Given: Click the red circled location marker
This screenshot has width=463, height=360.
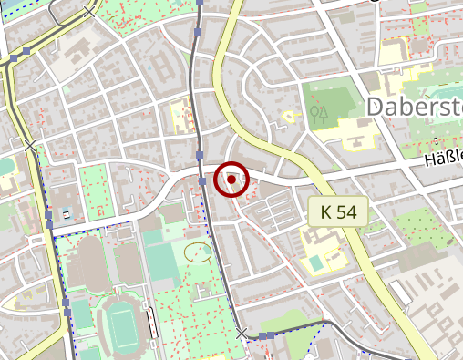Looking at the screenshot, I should (x=231, y=180).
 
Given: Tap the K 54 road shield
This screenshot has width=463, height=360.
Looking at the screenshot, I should (x=337, y=212).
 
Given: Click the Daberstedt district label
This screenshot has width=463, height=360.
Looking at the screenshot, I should (x=415, y=107).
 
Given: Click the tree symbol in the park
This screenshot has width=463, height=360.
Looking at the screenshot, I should (x=318, y=114).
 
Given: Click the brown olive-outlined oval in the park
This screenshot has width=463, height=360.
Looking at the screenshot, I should (x=197, y=251).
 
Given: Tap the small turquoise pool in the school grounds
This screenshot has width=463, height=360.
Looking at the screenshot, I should (x=315, y=262).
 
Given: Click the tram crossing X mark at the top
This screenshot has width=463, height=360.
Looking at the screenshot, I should (x=88, y=12).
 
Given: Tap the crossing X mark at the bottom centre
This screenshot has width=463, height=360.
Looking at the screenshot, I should (x=242, y=334).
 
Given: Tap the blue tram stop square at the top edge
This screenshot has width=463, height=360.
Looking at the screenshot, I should (x=199, y=3).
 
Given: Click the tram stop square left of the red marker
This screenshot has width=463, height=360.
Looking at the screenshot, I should (x=201, y=181).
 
